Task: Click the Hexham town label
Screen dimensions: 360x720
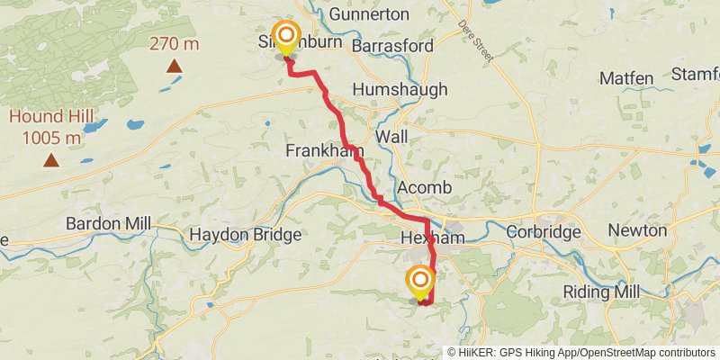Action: [431, 238]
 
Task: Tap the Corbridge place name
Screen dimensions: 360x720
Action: [544, 231]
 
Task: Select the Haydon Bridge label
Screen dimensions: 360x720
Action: [245, 235]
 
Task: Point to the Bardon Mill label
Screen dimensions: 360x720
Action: [108, 223]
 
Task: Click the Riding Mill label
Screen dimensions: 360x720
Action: [600, 292]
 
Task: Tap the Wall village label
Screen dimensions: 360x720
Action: [391, 136]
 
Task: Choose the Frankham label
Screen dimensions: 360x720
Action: [316, 149]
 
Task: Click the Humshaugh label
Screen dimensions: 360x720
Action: [394, 90]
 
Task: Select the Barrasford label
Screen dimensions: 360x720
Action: [393, 45]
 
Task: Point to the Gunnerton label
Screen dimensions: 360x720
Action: [369, 14]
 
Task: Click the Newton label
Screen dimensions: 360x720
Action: [636, 230]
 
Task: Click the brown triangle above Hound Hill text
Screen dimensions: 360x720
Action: [51, 161]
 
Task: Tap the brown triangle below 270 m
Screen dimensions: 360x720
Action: [174, 65]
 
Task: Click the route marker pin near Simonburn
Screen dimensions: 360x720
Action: [286, 37]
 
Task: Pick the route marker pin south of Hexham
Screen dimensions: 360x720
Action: [419, 281]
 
